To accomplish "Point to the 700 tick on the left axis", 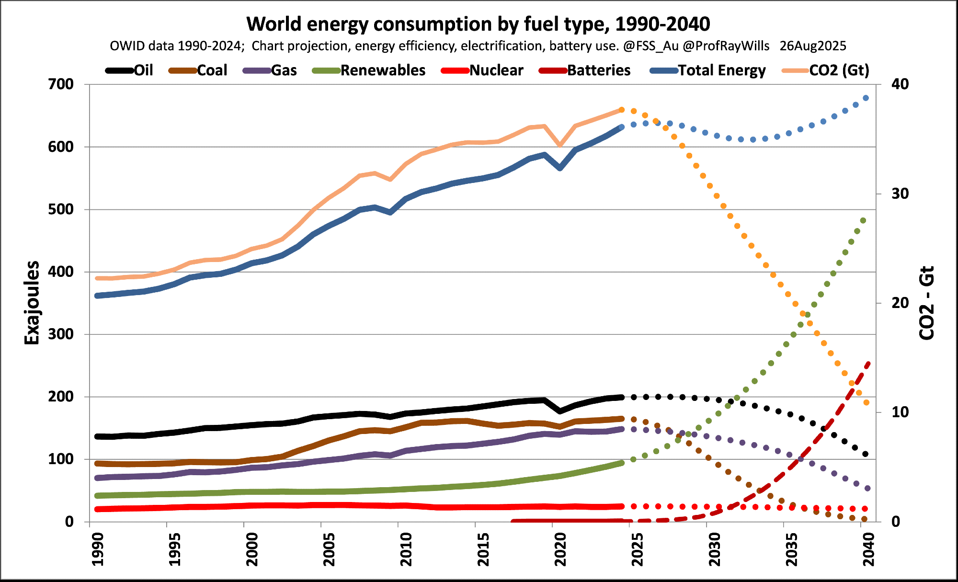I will tap(61, 84).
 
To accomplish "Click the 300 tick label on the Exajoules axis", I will tap(61, 334).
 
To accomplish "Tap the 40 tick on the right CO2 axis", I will tap(900, 84).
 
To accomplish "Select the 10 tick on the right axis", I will tap(900, 412).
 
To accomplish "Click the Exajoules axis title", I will tap(32, 303).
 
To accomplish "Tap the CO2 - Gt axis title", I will tap(927, 303).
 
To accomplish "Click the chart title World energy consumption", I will tap(478, 24).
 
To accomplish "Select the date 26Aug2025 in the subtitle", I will tap(813, 46).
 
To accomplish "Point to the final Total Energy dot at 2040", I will tap(866, 98).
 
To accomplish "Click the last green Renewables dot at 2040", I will tap(863, 220).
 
